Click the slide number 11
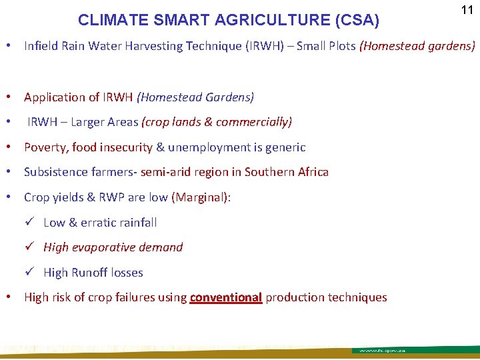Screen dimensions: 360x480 pos(466,11)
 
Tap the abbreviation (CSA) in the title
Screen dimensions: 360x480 pos(353,21)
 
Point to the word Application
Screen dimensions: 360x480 pos(56,97)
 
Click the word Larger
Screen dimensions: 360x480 pos(90,122)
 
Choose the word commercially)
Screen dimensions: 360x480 pos(257,122)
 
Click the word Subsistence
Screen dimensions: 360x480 pos(56,172)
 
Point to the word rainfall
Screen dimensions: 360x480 pos(136,222)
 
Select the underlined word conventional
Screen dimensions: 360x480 pos(225,297)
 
